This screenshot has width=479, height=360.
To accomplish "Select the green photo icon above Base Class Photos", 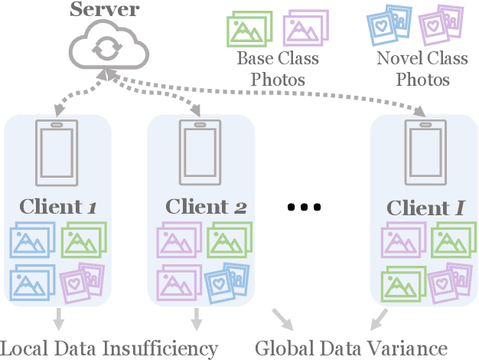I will pyautogui.click(x=249, y=28).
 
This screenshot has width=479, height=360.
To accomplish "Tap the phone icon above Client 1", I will pyautogui.click(x=57, y=153).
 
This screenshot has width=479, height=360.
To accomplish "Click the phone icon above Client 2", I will pyautogui.click(x=200, y=153).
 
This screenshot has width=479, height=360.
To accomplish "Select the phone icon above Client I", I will pyautogui.click(x=423, y=153).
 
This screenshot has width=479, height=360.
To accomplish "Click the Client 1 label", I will pyautogui.click(x=58, y=207).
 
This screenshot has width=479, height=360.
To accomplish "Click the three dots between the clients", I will pyautogui.click(x=305, y=207).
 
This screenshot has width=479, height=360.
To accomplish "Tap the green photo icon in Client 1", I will pyautogui.click(x=83, y=240).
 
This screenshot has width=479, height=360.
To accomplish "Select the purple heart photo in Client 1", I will pyautogui.click(x=82, y=280).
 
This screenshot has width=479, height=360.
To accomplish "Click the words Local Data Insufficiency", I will pyautogui.click(x=109, y=348).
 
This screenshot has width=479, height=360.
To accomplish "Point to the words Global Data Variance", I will pyautogui.click(x=350, y=348).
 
